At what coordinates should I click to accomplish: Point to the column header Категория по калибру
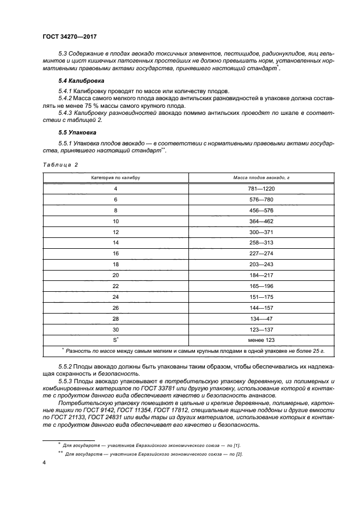(x=115, y=177)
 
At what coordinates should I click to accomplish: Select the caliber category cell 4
(x=115, y=188)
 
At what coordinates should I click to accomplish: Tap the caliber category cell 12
(x=115, y=232)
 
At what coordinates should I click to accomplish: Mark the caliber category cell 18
(x=115, y=265)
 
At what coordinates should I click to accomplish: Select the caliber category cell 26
(x=115, y=308)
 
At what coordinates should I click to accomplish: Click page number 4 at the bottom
(x=44, y=462)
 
